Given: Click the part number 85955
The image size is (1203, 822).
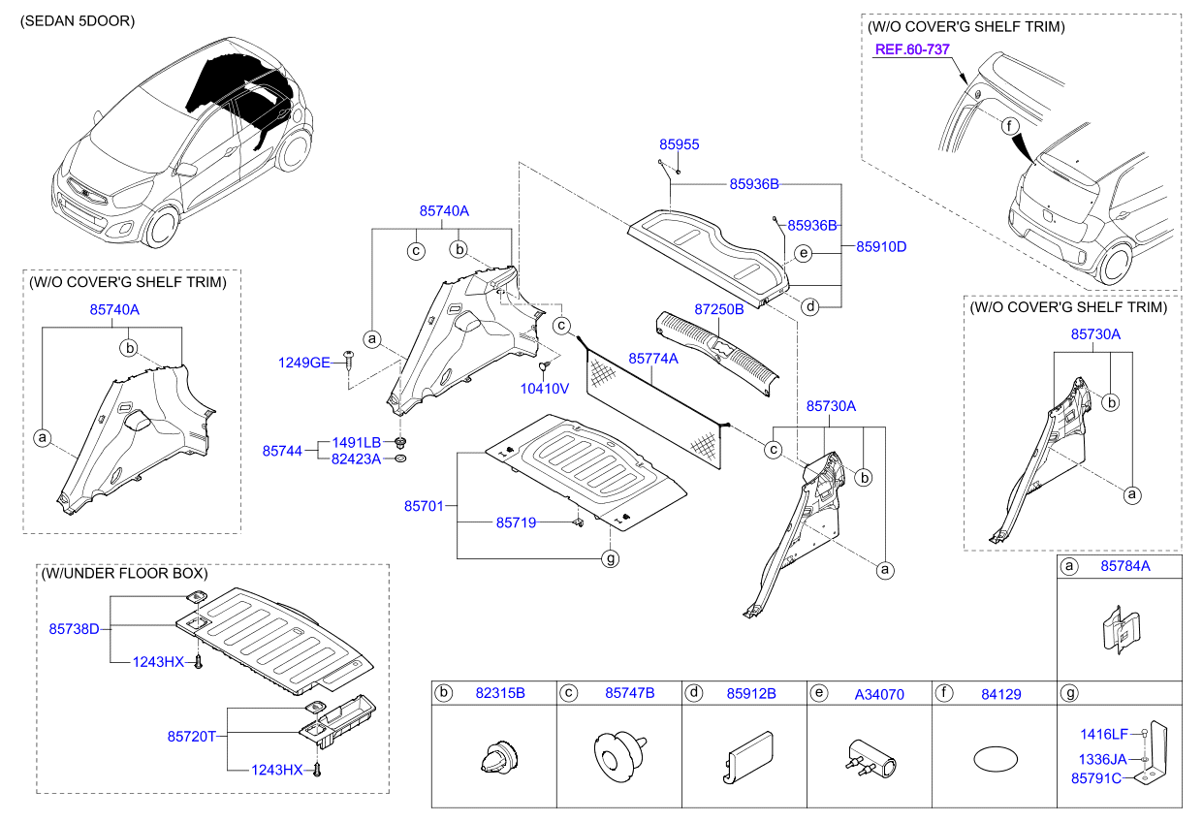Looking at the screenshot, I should click(x=679, y=144).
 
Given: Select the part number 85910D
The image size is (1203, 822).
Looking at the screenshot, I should click(x=880, y=247).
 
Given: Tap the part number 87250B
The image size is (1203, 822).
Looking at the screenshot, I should click(x=718, y=309).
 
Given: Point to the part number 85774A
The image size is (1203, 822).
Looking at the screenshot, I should click(x=653, y=359).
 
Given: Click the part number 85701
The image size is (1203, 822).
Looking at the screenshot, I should click(x=424, y=506).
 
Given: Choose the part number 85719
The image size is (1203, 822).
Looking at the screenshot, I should click(x=516, y=522).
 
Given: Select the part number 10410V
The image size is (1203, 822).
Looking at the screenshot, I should click(x=546, y=388).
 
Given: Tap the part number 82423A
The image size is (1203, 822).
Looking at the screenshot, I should click(x=356, y=458).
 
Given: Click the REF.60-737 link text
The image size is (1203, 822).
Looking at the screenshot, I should click(x=911, y=50).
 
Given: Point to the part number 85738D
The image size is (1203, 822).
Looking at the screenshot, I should click(x=75, y=629).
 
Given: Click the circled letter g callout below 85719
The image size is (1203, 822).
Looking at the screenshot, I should click(x=610, y=558).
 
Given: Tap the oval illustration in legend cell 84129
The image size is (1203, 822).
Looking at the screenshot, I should click(x=993, y=757).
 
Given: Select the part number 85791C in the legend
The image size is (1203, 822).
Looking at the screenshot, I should click(x=1095, y=777).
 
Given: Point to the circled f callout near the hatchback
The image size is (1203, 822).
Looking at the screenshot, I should click(x=1008, y=126).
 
